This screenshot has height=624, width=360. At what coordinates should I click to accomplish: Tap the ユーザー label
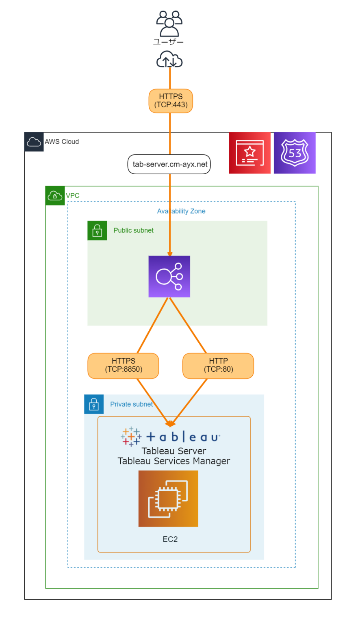168,42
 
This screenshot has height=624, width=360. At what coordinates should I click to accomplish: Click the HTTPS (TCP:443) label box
171,101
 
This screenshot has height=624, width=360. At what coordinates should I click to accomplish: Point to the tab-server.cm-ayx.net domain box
169,164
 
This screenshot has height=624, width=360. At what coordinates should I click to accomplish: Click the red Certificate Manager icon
249,153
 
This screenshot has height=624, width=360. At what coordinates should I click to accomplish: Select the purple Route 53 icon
295,153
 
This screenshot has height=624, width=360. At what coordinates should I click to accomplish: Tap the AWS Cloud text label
62,141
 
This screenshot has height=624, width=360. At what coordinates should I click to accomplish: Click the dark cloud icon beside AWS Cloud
34,142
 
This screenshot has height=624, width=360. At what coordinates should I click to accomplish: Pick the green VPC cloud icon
55,196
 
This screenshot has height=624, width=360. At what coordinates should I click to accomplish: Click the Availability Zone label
181,211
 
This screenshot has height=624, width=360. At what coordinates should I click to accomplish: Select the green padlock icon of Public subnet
97,231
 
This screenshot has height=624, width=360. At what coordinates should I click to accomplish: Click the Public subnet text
133,230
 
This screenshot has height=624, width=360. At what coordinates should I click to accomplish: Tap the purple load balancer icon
169,277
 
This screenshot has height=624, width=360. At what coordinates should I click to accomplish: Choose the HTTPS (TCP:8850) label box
123,366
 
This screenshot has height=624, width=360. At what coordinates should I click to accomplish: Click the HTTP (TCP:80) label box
218,366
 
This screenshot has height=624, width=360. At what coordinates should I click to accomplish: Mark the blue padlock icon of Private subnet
94,404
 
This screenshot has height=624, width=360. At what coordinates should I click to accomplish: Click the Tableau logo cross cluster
131,437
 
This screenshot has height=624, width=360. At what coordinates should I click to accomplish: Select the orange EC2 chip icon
168,499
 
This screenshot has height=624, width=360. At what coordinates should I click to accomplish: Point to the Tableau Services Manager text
174,461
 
